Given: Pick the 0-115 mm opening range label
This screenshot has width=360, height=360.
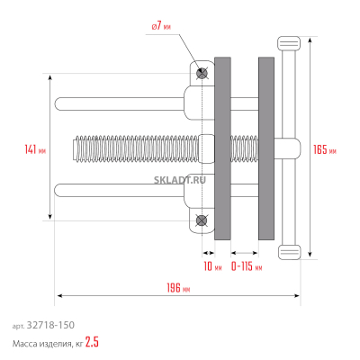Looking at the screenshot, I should (x=246, y=266).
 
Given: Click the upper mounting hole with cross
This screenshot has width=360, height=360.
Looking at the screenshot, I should (x=202, y=72).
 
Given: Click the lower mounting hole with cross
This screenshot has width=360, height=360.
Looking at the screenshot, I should (x=202, y=220).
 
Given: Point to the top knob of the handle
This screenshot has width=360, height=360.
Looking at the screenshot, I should (x=289, y=42).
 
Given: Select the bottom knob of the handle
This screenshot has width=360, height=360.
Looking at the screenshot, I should (x=289, y=251).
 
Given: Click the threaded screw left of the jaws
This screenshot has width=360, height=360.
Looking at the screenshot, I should (x=135, y=146).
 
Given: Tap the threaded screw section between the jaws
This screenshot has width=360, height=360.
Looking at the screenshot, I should (x=245, y=146).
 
